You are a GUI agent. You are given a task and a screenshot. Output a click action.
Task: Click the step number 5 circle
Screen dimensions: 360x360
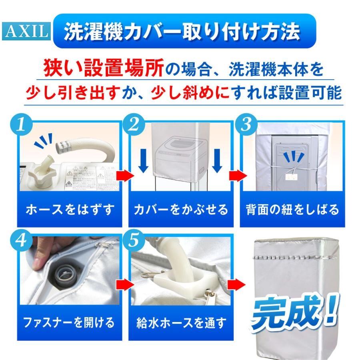136,239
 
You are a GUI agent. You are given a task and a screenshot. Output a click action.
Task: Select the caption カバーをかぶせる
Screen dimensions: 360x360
180,209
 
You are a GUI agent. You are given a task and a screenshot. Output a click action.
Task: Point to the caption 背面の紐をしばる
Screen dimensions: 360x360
292,209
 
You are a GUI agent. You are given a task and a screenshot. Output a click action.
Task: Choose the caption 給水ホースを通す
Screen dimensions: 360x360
180,321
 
